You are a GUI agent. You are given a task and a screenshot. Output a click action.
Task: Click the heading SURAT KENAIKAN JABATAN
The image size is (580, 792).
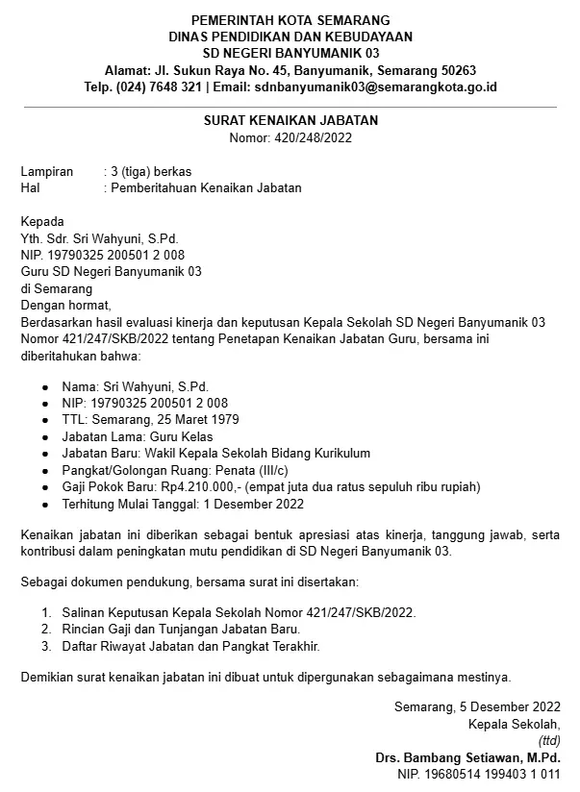291,120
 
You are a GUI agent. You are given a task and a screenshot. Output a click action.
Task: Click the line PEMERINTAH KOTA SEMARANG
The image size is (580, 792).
291,20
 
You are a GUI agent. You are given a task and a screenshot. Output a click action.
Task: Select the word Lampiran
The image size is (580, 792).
47,171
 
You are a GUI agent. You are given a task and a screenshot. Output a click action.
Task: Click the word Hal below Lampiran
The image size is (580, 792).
31,187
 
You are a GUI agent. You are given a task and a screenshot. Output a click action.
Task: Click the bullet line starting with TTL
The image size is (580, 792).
150,420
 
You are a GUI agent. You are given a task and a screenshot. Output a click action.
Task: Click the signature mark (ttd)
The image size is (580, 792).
549,741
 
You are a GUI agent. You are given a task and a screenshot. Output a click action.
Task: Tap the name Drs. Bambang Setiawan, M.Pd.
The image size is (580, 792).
468,757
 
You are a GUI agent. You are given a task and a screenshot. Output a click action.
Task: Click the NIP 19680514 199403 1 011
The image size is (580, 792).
479,774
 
